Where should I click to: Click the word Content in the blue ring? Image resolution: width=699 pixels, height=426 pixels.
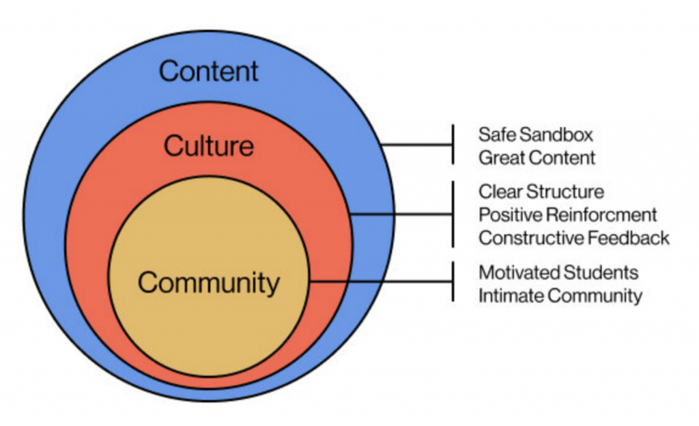(x=209, y=71)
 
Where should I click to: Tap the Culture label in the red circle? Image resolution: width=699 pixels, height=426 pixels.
(x=209, y=145)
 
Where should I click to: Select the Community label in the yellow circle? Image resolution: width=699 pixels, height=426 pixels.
(x=208, y=283)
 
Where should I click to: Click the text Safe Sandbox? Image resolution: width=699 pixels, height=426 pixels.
(x=535, y=134)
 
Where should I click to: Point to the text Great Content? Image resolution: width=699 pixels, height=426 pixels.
(x=537, y=158)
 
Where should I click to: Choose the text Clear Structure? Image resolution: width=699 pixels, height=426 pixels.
(x=541, y=191)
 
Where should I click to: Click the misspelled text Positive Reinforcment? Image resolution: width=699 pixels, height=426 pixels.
(x=567, y=215)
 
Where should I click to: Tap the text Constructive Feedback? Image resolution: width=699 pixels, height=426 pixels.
(x=573, y=238)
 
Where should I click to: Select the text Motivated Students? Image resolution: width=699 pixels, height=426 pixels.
(x=558, y=273)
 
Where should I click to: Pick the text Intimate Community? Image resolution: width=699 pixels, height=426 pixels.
(x=560, y=296)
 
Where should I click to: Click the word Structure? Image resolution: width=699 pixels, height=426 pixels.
(x=571, y=191)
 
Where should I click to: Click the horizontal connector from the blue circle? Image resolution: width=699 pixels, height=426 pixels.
(x=416, y=145)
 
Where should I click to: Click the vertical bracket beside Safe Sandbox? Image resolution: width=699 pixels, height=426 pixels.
(x=453, y=145)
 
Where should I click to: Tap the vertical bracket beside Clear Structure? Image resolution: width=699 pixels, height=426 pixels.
(x=453, y=214)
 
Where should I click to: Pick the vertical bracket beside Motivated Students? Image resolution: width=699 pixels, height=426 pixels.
(x=453, y=281)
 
